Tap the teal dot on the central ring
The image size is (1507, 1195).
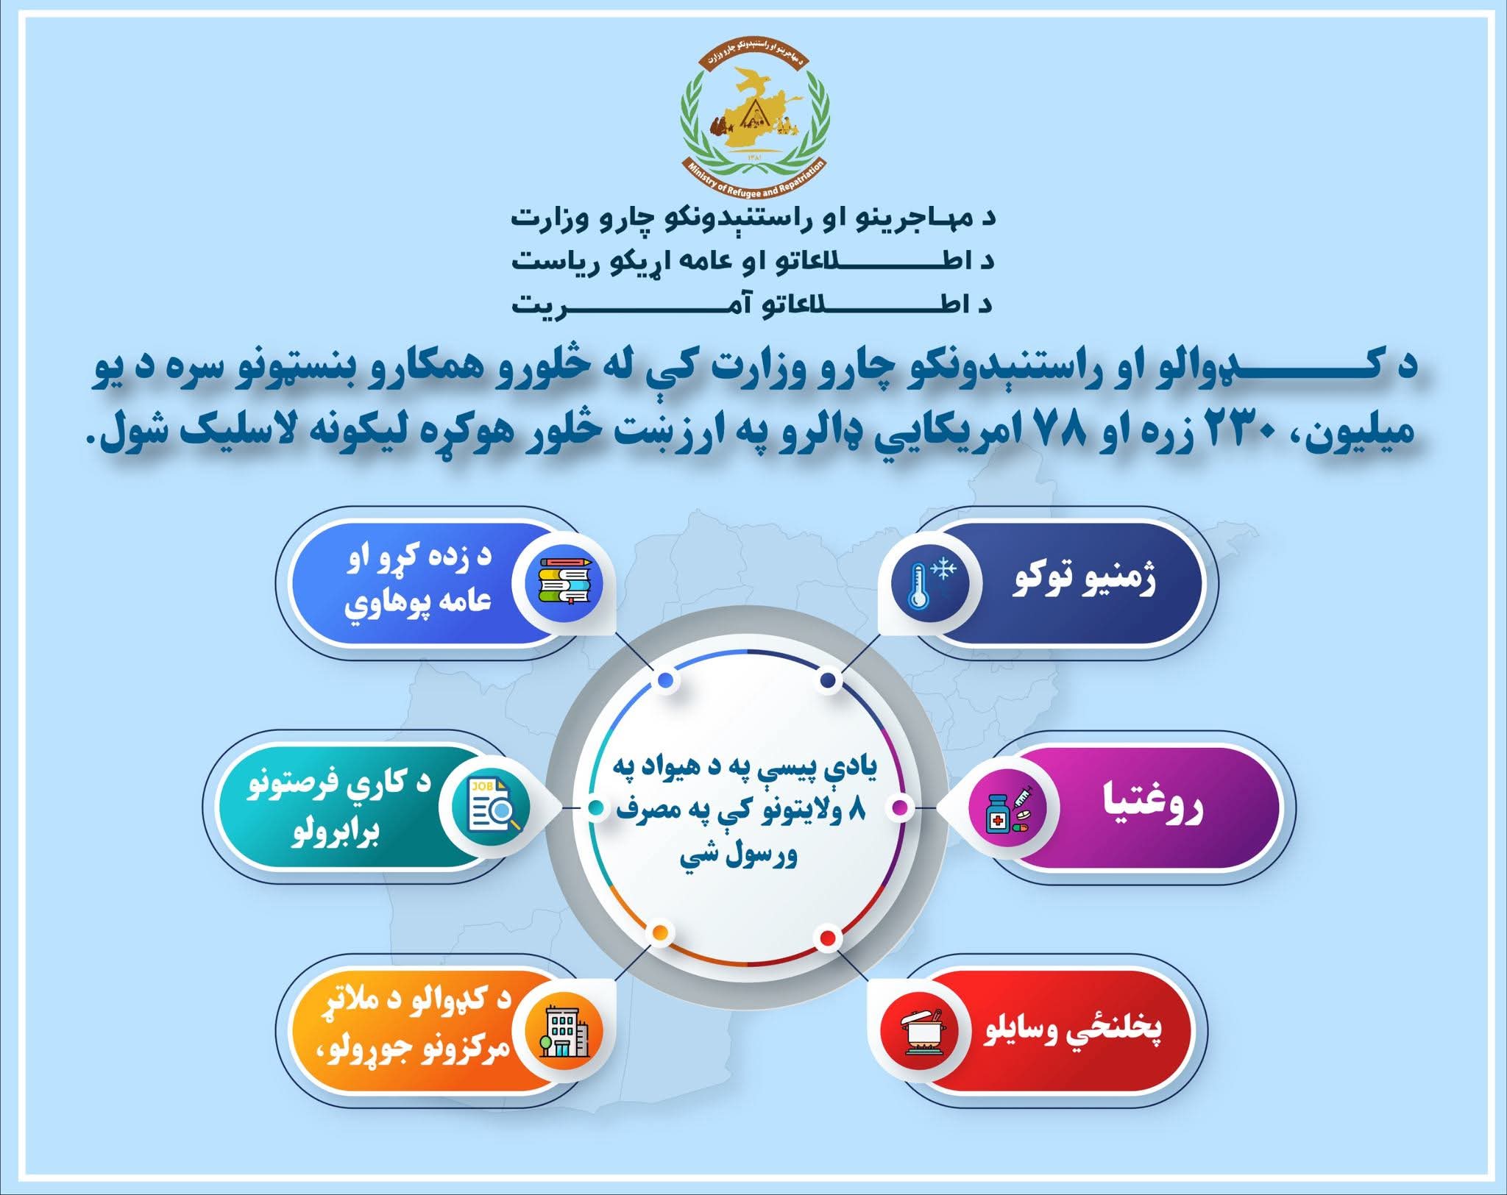(x=595, y=807)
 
